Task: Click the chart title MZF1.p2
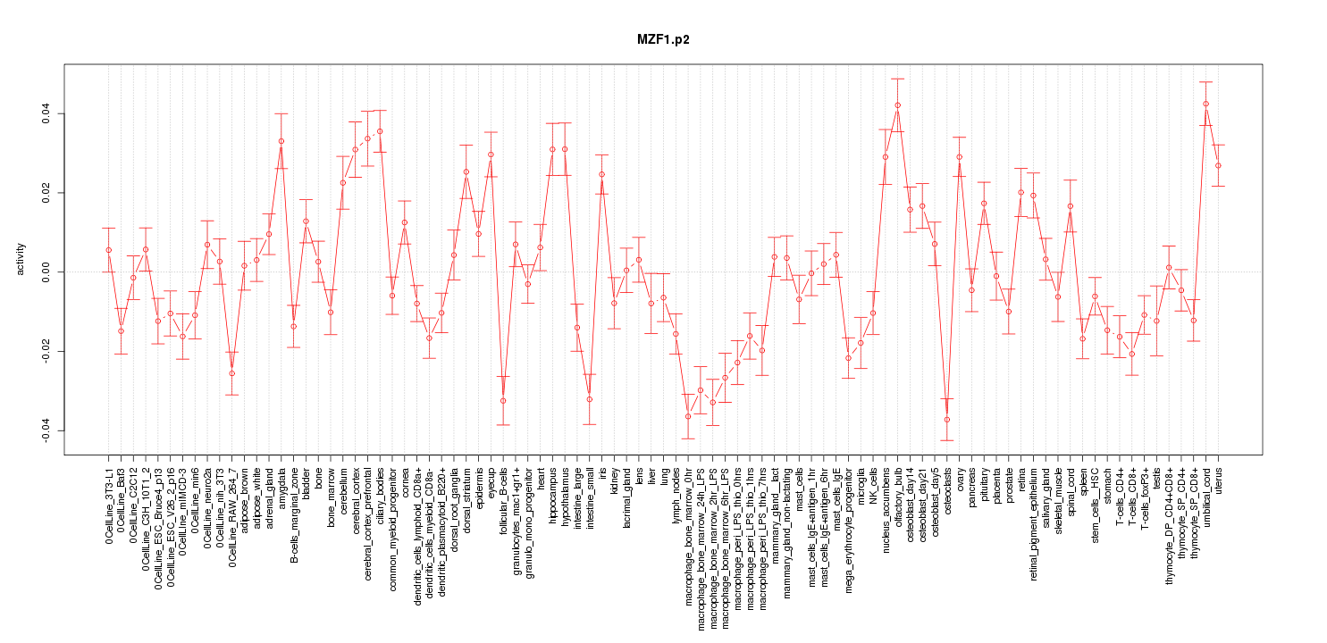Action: (663, 40)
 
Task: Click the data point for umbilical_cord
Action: (1205, 104)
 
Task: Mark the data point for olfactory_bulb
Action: (897, 105)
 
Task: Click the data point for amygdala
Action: (281, 141)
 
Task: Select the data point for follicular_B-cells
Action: (503, 401)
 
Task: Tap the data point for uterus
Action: (1218, 165)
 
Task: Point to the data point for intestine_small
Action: (589, 399)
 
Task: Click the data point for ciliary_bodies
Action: (380, 131)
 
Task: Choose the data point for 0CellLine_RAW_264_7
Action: (231, 373)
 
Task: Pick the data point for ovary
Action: (959, 157)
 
